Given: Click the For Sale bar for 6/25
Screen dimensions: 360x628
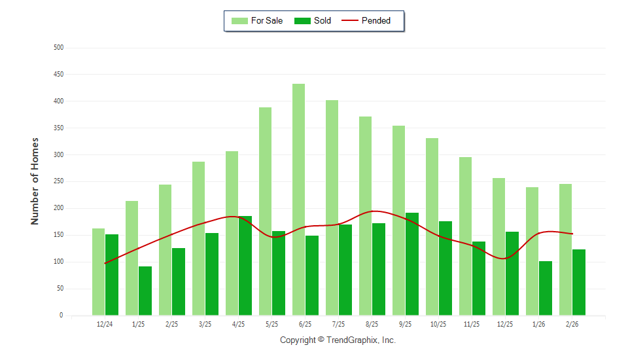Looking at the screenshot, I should tap(298, 200).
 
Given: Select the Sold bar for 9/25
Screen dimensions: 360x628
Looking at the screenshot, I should tap(411, 264).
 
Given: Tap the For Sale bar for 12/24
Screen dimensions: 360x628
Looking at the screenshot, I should tap(98, 272).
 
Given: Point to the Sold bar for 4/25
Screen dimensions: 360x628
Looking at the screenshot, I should tap(245, 265).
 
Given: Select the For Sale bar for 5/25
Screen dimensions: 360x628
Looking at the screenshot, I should tap(265, 211).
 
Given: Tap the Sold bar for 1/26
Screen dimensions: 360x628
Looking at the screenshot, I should tap(545, 288).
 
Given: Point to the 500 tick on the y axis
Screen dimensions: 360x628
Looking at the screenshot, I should tap(59, 48).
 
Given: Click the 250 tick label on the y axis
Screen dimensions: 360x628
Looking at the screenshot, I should tap(59, 181).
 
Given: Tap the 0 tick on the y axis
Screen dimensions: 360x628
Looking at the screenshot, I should tap(61, 315).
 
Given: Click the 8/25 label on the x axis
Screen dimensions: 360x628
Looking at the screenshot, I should tap(372, 324).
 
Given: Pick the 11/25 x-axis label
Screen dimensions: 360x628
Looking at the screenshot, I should tap(472, 324).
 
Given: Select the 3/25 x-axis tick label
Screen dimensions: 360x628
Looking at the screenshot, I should tap(205, 324).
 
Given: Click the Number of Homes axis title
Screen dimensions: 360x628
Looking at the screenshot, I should tap(35, 181).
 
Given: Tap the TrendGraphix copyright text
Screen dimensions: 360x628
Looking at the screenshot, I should tap(338, 340).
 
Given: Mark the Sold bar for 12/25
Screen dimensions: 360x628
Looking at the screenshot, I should tap(512, 274).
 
